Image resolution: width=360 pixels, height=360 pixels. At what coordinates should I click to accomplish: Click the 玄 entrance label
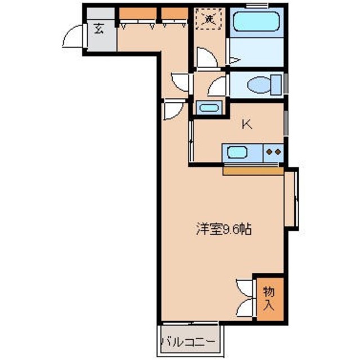[99, 29]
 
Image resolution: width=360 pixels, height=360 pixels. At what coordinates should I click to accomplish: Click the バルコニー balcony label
[188, 341]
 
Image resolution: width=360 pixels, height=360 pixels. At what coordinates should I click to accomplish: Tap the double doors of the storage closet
[245, 298]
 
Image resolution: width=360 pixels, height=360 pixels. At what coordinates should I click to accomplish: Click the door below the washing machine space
[205, 58]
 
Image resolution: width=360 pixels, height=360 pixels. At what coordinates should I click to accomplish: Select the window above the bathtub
[256, 5]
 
